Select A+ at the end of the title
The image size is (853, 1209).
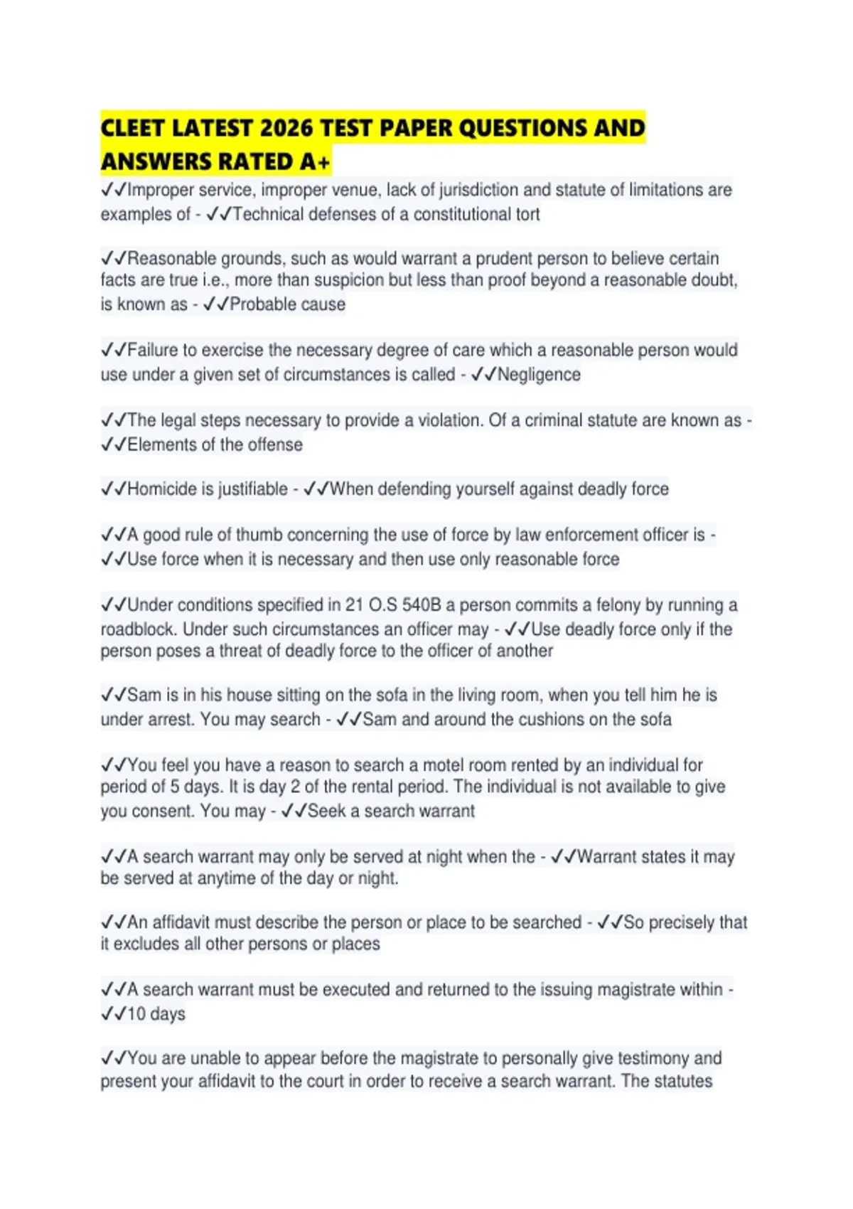[x=314, y=162]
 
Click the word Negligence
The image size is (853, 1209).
[x=539, y=375]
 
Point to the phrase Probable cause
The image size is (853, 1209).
[x=287, y=304]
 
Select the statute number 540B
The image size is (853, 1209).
[x=422, y=605]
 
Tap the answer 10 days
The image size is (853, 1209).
[x=156, y=1014]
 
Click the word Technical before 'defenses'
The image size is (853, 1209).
[x=269, y=214]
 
